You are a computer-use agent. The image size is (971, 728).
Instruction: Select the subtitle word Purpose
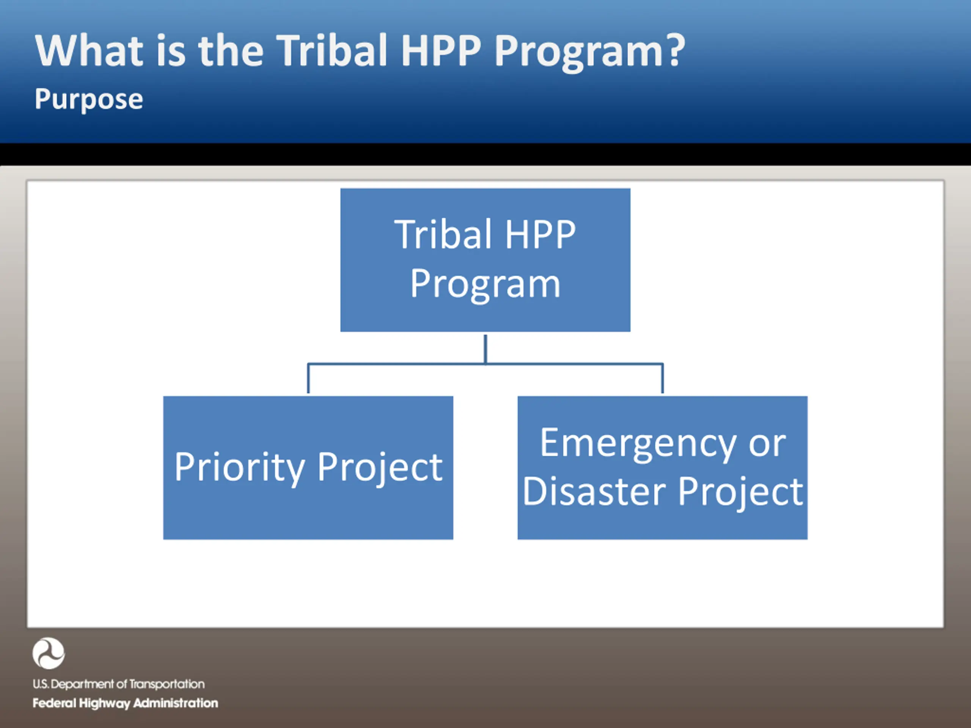pyautogui.click(x=89, y=100)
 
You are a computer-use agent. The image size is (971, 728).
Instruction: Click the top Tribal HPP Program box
pyautogui.click(x=485, y=260)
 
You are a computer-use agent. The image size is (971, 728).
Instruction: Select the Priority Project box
pyautogui.click(x=308, y=468)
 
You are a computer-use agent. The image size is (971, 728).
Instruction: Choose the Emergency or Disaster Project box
pyautogui.click(x=662, y=468)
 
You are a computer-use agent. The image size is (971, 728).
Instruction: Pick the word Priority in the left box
pyautogui.click(x=240, y=468)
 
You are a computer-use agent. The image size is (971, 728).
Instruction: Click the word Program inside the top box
pyautogui.click(x=485, y=284)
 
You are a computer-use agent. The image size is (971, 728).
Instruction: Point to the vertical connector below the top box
pyautogui.click(x=485, y=349)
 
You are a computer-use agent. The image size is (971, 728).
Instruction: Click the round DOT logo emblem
pyautogui.click(x=48, y=653)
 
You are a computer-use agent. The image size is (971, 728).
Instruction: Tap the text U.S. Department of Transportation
pyautogui.click(x=118, y=684)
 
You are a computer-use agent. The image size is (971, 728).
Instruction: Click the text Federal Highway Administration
pyautogui.click(x=125, y=703)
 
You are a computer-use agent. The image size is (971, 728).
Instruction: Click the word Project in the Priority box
pyautogui.click(x=380, y=468)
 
